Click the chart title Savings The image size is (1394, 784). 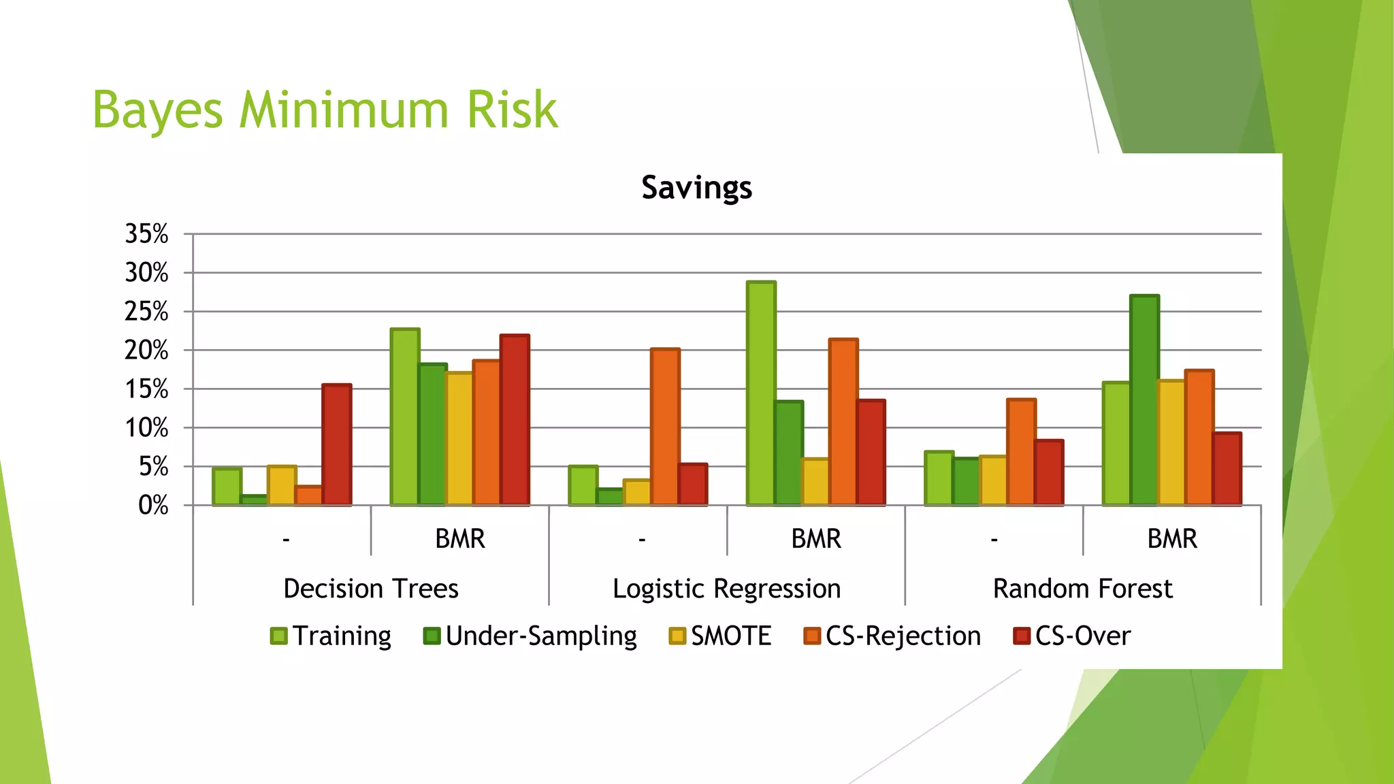tap(696, 187)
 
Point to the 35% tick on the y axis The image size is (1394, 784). tap(146, 234)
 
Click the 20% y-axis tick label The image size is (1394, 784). tap(146, 350)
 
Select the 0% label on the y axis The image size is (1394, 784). tap(152, 506)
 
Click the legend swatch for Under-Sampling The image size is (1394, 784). tap(432, 636)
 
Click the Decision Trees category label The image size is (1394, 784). tap(371, 589)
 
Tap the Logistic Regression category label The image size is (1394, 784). tap(726, 589)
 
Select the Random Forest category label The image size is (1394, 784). tap(1082, 589)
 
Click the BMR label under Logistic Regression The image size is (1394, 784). tap(815, 539)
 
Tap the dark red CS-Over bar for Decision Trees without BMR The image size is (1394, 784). tap(337, 445)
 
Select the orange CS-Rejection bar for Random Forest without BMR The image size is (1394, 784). tap(1021, 452)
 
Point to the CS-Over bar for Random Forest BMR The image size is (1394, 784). tap(1227, 469)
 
